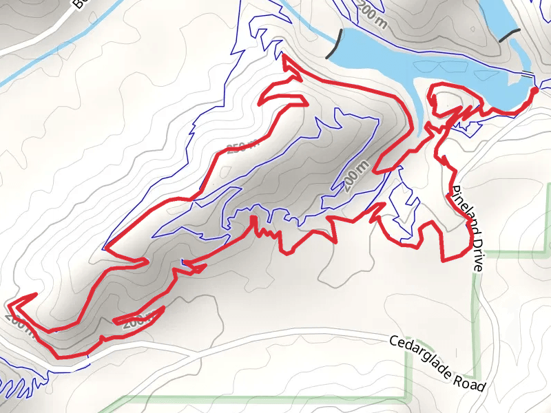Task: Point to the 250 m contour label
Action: pos(242,146)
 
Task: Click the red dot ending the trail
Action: pos(534,90)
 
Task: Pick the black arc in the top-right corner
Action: pos(510,34)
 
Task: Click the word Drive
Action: pos(474,249)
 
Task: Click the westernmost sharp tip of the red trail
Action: pos(9,302)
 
